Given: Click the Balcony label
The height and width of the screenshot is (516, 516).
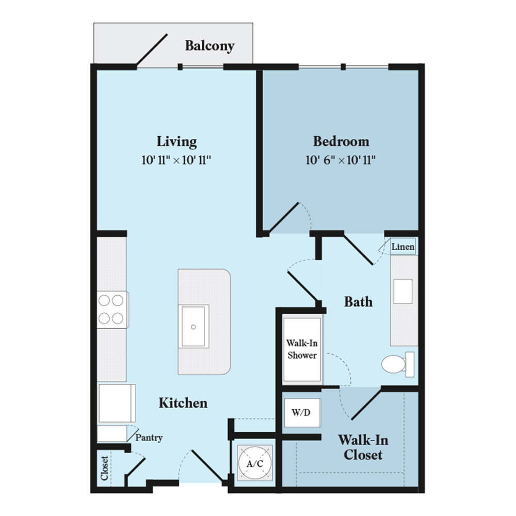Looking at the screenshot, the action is (209, 46).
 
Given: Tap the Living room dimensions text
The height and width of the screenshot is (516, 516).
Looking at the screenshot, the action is (176, 160).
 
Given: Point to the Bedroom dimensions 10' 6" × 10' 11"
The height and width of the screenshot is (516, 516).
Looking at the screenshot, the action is (341, 160).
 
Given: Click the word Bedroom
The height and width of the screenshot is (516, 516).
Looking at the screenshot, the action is (341, 141).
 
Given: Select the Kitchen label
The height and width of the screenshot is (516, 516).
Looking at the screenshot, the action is (183, 403).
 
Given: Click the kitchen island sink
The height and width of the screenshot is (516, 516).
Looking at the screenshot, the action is (193, 326).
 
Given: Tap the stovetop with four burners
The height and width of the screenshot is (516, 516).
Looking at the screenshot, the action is (112, 310).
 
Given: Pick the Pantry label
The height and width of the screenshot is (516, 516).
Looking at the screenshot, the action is (149, 438).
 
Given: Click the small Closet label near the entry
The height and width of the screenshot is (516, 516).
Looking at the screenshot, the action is (104, 469).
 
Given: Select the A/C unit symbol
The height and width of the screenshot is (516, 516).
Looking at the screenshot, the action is (255, 463).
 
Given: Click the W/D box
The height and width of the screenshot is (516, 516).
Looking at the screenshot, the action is (302, 413).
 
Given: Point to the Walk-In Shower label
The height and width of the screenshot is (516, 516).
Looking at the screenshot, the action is (302, 349).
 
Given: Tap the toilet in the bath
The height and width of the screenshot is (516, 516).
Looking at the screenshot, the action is (398, 364).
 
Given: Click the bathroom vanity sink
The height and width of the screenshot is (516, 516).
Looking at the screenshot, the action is (403, 292).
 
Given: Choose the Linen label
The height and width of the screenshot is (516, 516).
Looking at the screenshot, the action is (403, 247).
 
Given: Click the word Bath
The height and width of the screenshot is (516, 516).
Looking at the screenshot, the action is (359, 302).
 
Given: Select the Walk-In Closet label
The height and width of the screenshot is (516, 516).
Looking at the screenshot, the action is (363, 447).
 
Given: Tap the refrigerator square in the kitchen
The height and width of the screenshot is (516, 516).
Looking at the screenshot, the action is (117, 403).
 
